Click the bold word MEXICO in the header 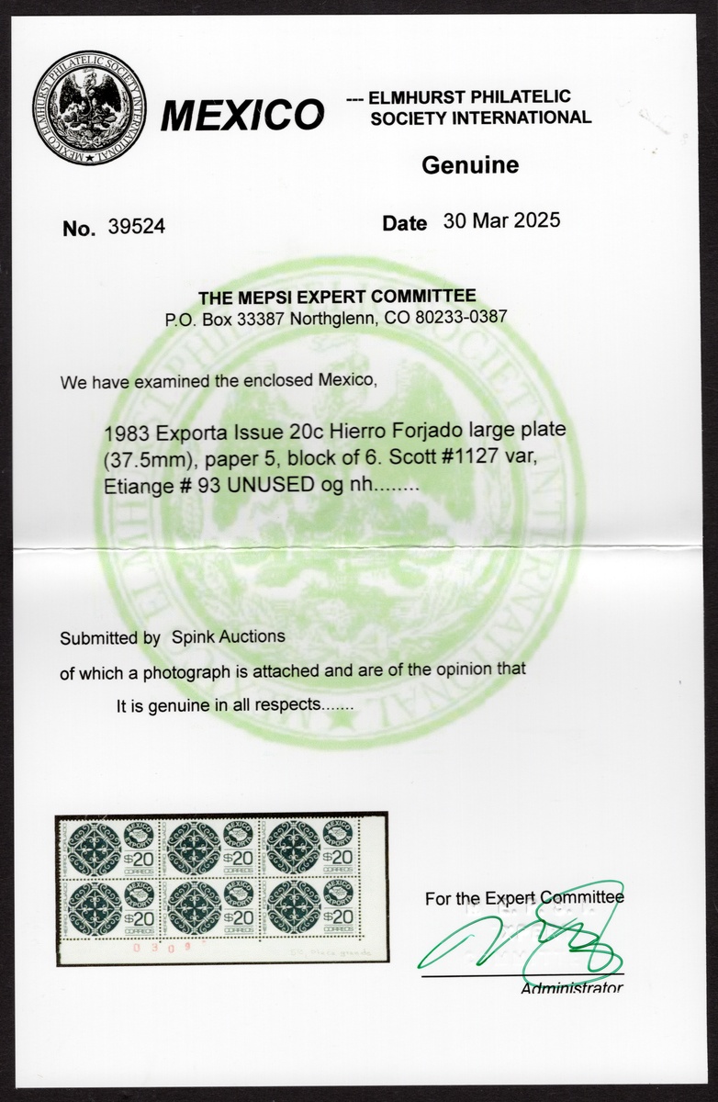(x=242, y=117)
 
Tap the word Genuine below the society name (x=469, y=165)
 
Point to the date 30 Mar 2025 (x=500, y=221)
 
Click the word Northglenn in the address (x=321, y=317)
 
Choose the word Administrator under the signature (x=571, y=988)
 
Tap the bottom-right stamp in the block (x=316, y=906)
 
